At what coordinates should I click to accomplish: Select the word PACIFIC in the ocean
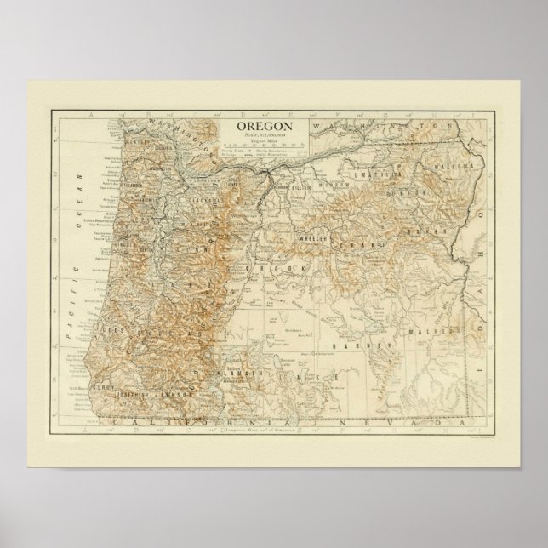(74, 294)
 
